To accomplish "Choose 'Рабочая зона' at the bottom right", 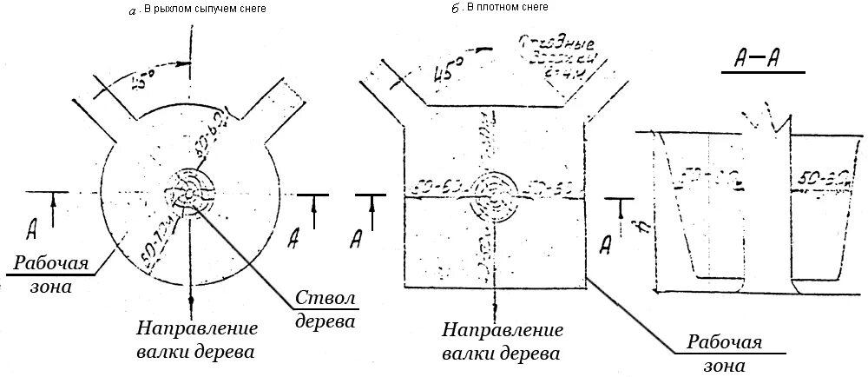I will coord(725,352).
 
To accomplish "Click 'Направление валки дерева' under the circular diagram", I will coord(197,341).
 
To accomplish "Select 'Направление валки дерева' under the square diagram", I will coord(502,342).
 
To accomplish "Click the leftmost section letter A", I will coord(31,229).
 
